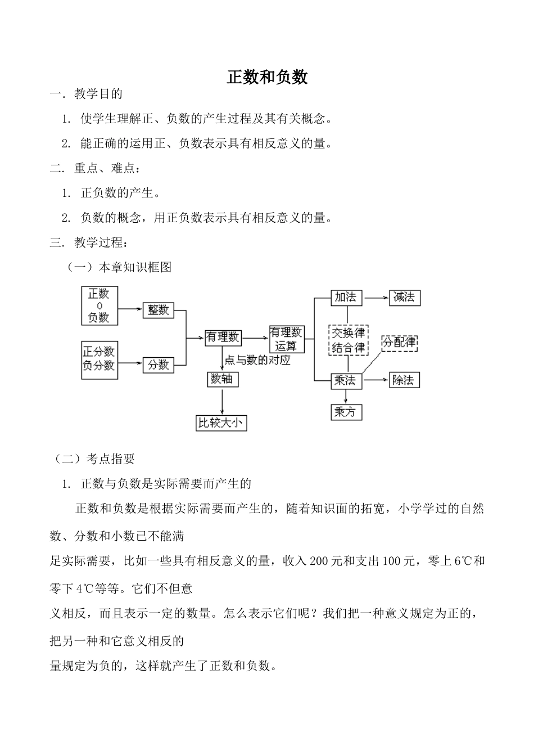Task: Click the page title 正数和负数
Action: (267, 77)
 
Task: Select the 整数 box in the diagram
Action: (158, 309)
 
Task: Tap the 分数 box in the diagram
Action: (158, 365)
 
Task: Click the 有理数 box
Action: (223, 337)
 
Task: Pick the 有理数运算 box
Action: (287, 339)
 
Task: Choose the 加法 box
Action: (346, 297)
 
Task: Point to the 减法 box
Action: (404, 297)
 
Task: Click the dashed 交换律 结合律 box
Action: (348, 339)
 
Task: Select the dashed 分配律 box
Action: (400, 342)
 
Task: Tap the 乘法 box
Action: (346, 380)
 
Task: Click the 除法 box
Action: (404, 380)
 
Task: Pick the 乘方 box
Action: (346, 412)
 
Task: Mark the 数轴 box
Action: (223, 379)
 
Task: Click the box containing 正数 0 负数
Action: (99, 305)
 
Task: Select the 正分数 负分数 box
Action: (99, 359)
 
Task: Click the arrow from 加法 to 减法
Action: (375, 298)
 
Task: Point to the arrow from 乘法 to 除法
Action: (375, 380)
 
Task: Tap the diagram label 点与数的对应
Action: (257, 360)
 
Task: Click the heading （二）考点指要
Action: (93, 459)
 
